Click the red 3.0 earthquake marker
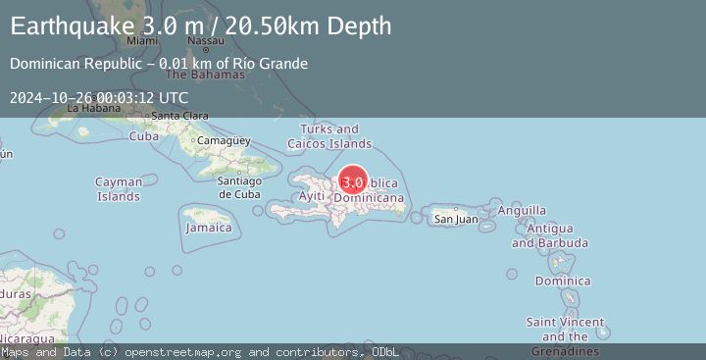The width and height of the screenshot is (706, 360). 353,181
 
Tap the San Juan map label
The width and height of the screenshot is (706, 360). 456,219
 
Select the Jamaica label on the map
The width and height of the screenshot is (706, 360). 209,228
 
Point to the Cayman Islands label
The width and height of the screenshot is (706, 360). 119,189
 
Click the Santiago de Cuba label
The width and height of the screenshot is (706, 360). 239,186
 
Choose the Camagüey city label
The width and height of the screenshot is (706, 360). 219,141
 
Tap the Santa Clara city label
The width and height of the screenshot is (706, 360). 179,117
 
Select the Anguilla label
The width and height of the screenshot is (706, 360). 522,210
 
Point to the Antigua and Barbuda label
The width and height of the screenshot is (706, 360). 557,235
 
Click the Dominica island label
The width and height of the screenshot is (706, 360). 563,282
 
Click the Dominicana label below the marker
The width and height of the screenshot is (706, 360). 369,198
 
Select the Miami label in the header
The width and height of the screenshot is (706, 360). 142,41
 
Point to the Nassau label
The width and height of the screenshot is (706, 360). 205,41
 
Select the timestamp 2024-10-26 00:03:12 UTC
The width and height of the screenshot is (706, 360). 99,97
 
